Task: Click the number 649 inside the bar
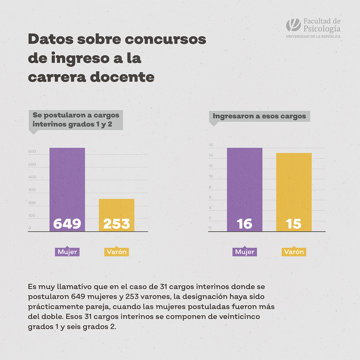[x=67, y=224]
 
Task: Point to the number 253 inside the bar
[x=117, y=224]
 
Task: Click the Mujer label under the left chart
[x=67, y=252]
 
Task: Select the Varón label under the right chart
[x=294, y=252]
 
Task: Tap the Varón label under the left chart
[x=117, y=252]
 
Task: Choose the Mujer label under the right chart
[x=244, y=252]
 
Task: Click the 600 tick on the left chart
[x=32, y=152]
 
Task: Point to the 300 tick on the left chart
[x=32, y=190]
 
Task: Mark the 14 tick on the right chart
[x=210, y=156]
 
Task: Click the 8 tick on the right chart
[x=210, y=187]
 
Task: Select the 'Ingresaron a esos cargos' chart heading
[x=259, y=116]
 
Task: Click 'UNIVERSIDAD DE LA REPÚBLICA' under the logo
[x=313, y=36]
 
